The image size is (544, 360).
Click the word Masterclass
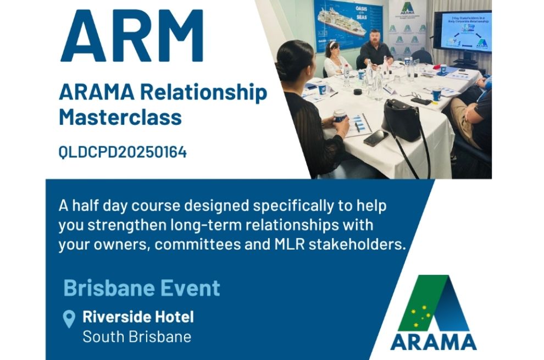tap(120, 117)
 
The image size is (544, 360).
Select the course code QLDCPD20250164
tap(123, 152)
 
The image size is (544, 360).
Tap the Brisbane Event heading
tap(142, 288)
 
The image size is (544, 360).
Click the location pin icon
tap(69, 319)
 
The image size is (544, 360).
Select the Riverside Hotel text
tap(138, 317)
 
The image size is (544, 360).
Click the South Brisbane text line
tap(137, 336)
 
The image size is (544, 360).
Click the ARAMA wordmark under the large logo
tap(434, 341)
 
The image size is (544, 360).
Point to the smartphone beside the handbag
tap(375, 137)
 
